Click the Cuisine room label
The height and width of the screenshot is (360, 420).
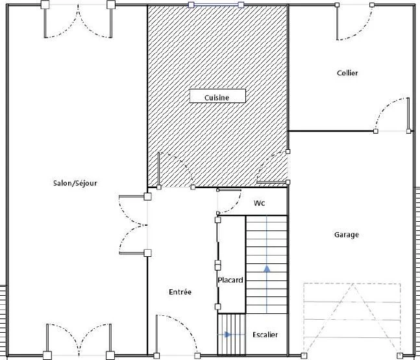click(217, 98)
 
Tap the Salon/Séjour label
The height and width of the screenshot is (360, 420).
click(75, 183)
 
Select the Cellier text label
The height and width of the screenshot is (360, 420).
click(347, 73)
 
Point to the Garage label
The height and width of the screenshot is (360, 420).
click(347, 235)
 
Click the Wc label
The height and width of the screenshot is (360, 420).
click(259, 203)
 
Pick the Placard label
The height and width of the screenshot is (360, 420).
click(230, 280)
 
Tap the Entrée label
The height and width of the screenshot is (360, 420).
click(180, 292)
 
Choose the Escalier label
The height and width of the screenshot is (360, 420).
click(266, 335)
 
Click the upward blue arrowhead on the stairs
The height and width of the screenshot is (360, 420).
click(267, 269)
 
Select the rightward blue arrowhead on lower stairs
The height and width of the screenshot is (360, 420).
click(228, 335)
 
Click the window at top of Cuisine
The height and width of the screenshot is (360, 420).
click(216, 5)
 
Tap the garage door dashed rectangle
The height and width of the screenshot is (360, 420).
click(352, 319)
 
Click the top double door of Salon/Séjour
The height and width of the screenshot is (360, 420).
click(78, 21)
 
